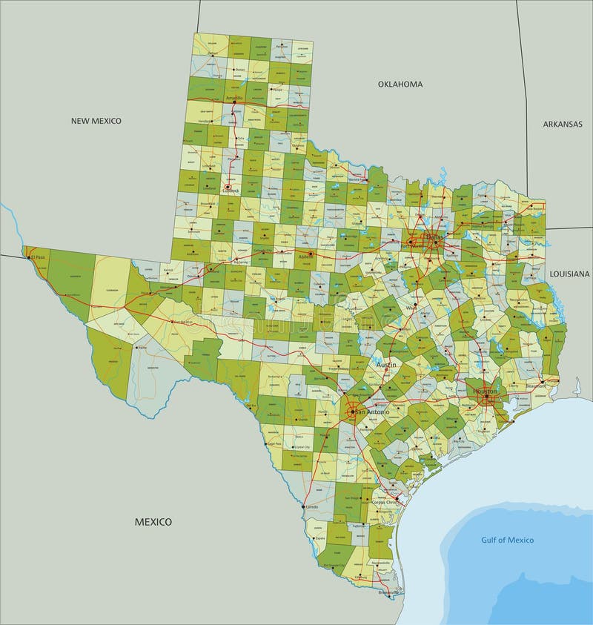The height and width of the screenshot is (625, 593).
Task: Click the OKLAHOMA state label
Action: (400, 84)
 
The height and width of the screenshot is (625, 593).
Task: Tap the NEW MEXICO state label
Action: (96, 120)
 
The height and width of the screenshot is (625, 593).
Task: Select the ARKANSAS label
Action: (563, 124)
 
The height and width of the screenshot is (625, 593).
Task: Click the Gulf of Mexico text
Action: (507, 540)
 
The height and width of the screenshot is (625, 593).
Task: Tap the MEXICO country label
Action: (153, 521)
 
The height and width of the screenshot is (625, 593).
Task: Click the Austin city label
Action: (385, 366)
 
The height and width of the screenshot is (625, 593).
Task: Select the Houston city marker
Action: (486, 399)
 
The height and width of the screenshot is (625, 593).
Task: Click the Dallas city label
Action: (432, 237)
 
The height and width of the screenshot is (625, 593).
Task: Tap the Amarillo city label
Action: (235, 98)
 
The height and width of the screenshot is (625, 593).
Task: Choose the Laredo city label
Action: (312, 506)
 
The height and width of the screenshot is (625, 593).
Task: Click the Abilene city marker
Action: (311, 254)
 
